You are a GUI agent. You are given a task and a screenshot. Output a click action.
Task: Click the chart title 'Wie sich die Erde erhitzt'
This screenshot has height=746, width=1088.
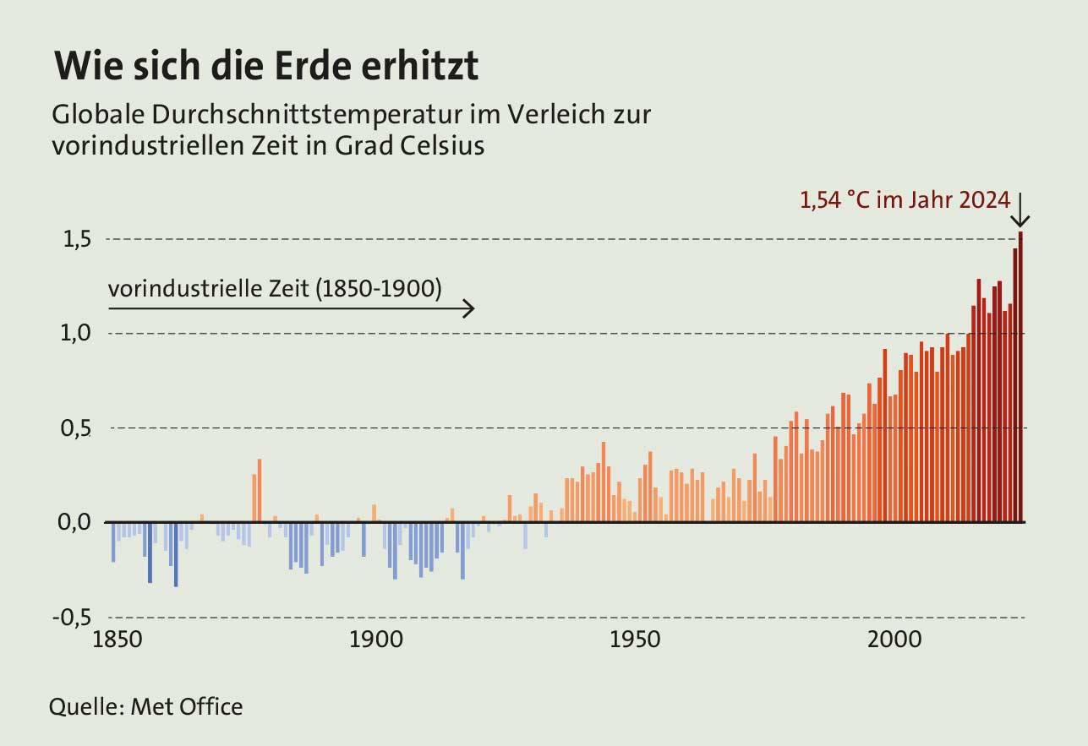pos(266,67)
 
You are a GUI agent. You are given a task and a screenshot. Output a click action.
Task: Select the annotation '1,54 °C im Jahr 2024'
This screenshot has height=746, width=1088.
pos(905,200)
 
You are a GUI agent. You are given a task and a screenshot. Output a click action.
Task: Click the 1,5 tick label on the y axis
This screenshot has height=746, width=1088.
pos(74,240)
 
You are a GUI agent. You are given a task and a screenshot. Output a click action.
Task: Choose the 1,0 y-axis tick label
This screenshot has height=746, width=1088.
pos(74,334)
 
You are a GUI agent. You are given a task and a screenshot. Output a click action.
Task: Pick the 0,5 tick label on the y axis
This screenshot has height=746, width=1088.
pos(74,428)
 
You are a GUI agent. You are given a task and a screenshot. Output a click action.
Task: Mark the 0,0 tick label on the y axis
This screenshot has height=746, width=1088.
pos(74,523)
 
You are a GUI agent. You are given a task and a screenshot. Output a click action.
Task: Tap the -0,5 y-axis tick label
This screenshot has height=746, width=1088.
pos(71,618)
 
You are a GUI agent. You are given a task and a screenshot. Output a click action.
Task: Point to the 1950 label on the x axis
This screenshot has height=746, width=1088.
pos(634,640)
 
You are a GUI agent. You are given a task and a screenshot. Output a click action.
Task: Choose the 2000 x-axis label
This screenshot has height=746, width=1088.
pos(894,640)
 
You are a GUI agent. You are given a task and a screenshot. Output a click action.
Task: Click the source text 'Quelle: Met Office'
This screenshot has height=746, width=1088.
pos(146,706)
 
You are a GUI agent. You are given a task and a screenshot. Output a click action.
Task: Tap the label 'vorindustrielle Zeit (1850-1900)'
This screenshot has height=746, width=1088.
pos(276,289)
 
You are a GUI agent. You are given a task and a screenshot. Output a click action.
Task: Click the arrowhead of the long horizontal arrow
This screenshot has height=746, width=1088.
pos(470,309)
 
